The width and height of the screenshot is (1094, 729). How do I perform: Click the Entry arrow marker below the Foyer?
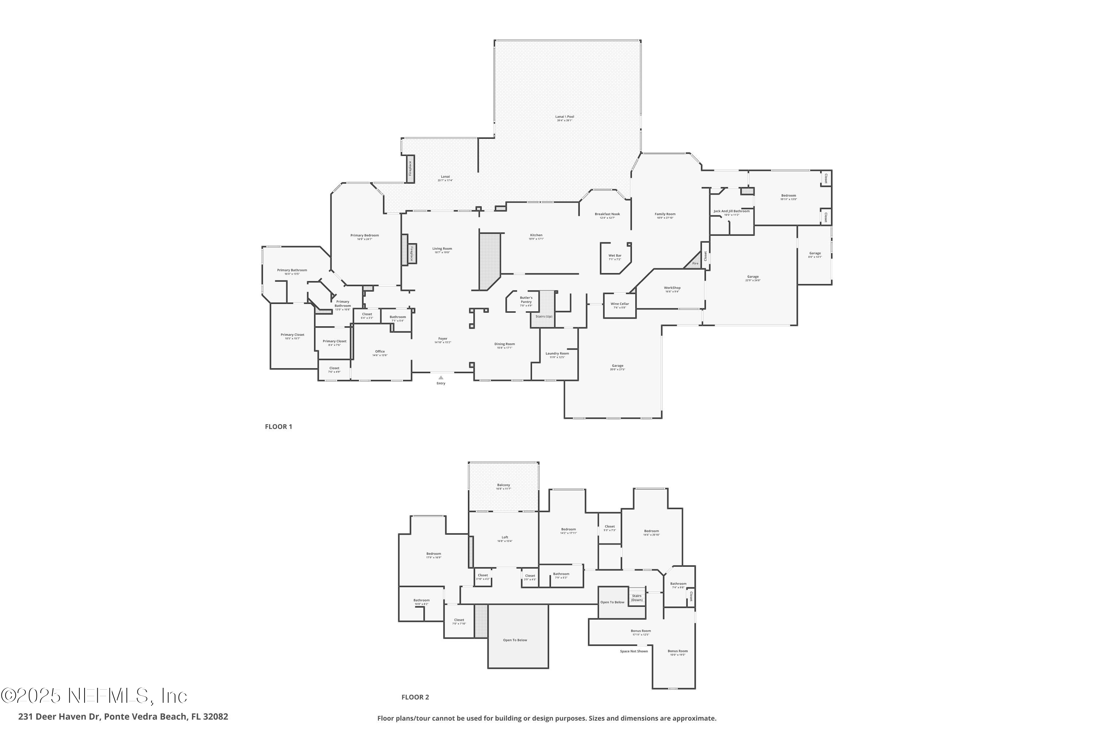[441, 378]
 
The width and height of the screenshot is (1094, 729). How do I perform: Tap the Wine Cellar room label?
[620, 304]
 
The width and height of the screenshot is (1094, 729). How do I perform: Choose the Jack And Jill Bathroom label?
[731, 211]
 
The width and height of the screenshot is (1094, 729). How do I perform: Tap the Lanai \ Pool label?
[564, 117]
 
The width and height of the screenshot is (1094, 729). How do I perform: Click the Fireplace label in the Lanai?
[410, 168]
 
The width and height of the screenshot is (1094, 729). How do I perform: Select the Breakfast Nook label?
[607, 214]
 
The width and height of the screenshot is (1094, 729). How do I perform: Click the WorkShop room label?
[672, 288]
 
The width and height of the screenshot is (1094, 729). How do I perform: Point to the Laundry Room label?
[557, 353]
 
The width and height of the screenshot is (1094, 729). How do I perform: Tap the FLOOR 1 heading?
[278, 427]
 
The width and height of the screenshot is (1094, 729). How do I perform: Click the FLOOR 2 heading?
[415, 697]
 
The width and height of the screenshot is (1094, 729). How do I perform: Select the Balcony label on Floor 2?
[503, 485]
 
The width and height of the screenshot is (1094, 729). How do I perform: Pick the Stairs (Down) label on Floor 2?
[637, 598]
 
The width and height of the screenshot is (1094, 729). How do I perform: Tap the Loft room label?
[505, 537]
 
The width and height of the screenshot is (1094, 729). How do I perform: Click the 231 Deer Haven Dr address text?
[123, 717]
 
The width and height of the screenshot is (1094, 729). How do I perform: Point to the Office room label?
[380, 351]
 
